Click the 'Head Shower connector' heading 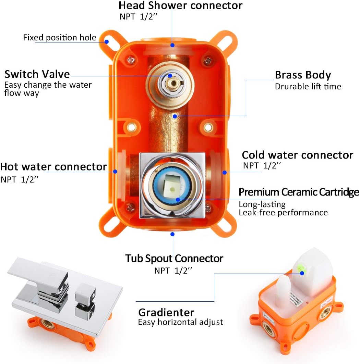(180, 5)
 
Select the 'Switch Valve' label (37, 74)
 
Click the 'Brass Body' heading (303, 75)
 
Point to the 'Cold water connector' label (297, 155)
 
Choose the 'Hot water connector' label (53, 167)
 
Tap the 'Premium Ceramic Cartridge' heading (299, 192)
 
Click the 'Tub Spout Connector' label (174, 258)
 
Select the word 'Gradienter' (166, 312)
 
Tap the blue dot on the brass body (175, 116)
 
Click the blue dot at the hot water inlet (115, 171)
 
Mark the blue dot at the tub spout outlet (172, 234)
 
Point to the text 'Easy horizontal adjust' (180, 322)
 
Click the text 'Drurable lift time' (308, 87)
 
